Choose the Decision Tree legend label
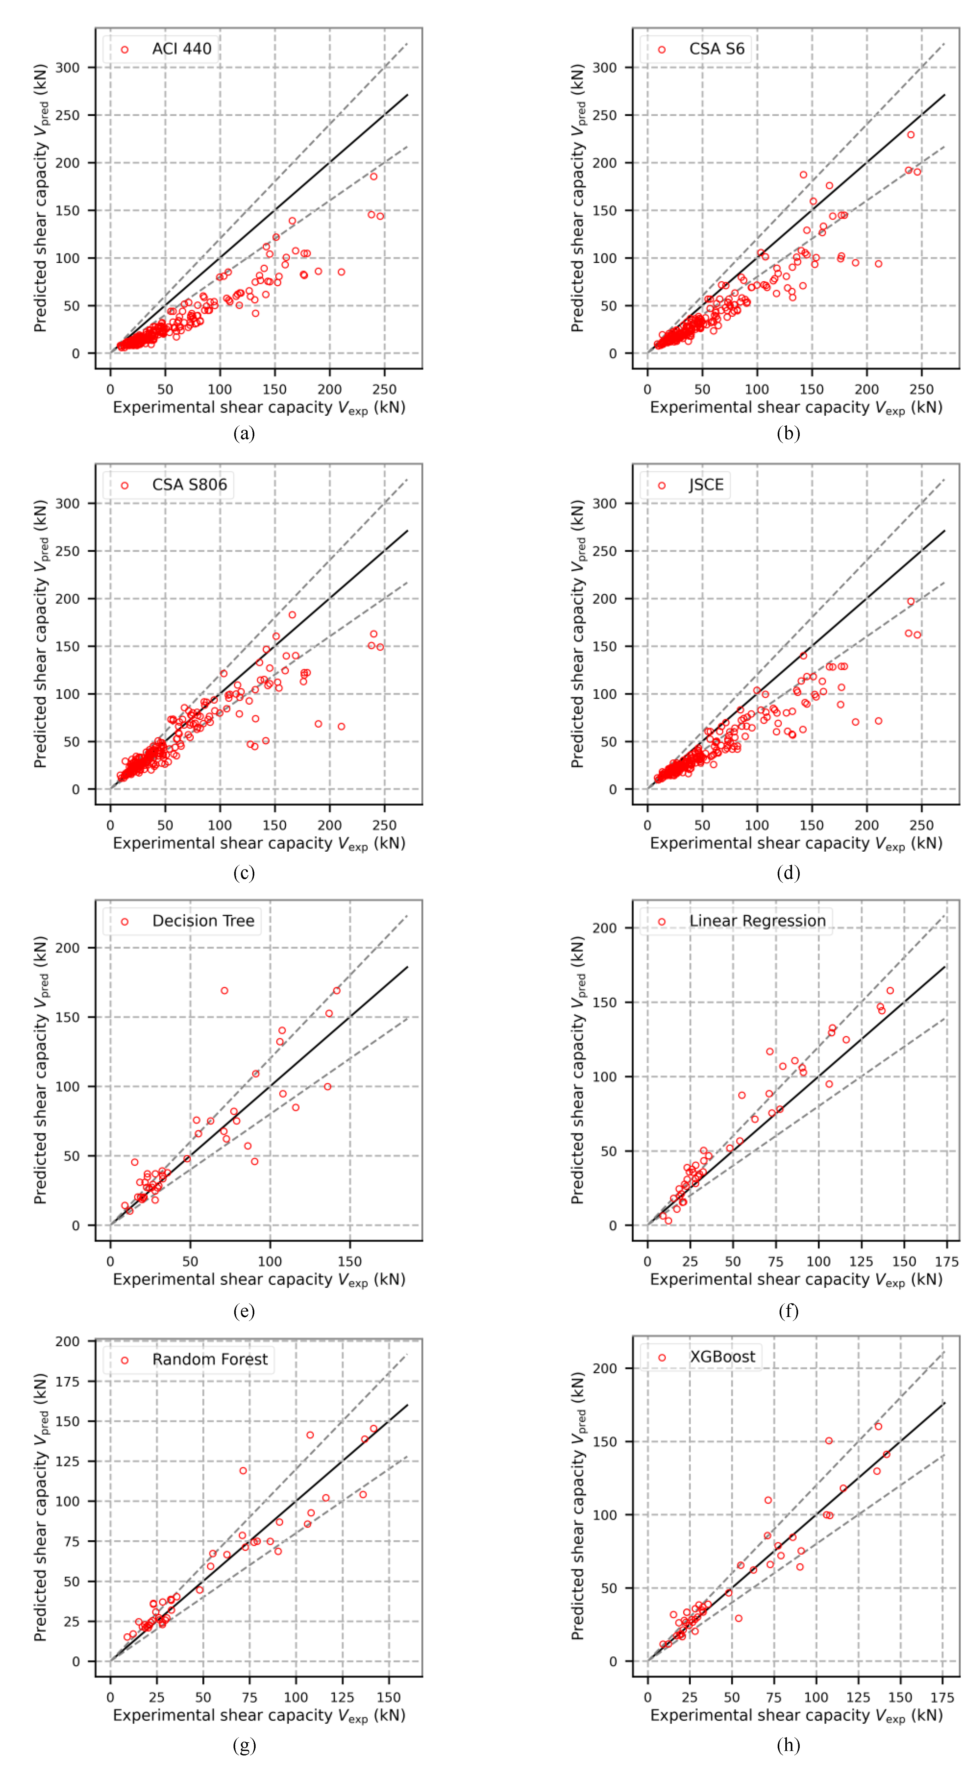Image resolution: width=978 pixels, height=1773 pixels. point(203,921)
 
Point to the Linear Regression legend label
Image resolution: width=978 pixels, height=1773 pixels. point(757,921)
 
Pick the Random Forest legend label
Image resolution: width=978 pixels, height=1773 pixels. point(210,1359)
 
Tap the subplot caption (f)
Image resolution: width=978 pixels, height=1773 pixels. point(788,1311)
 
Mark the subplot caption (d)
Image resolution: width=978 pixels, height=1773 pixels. point(788,873)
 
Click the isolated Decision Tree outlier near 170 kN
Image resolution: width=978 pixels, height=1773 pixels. point(224,990)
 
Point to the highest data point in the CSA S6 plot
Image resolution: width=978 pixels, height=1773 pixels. point(911,135)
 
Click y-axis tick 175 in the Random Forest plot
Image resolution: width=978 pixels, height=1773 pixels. point(67,1382)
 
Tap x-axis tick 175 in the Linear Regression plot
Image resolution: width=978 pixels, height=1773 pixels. point(946,1262)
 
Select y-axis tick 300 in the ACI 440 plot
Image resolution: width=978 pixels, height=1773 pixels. point(67,67)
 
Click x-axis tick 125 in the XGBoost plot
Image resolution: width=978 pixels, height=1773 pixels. point(858,1697)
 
